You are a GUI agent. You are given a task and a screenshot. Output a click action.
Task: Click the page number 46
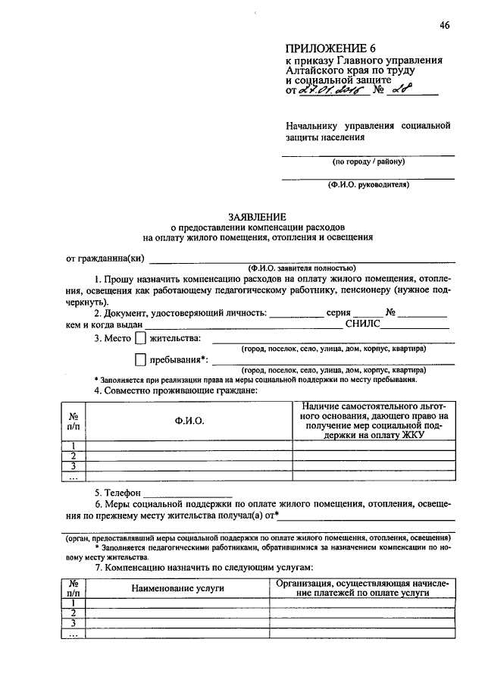444,25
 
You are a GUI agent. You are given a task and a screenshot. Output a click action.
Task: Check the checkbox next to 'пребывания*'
140,360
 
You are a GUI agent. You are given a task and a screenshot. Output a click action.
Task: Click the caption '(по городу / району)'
368,162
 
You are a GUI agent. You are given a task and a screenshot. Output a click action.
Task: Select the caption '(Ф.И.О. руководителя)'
368,184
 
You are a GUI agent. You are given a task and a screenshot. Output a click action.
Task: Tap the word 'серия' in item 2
338,312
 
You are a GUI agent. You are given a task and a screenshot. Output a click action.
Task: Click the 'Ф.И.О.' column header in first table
189,421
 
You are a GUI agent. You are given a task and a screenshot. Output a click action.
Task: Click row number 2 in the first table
74,456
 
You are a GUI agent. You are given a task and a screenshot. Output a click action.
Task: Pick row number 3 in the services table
74,623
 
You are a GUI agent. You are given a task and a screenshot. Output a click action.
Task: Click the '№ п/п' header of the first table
74,421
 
